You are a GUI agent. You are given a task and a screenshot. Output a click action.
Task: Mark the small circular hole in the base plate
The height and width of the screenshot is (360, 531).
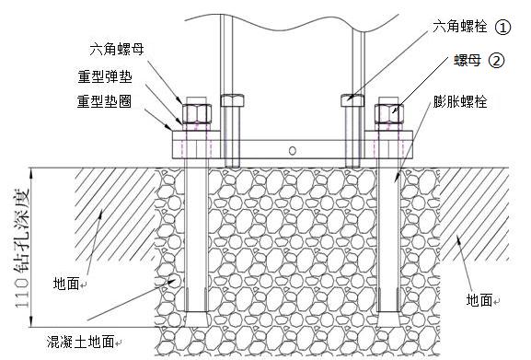pyautogui.click(x=292, y=149)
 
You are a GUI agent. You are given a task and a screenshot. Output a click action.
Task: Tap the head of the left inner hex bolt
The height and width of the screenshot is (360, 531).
pyautogui.click(x=232, y=99)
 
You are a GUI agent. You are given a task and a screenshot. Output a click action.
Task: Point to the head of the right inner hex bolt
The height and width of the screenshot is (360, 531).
pyautogui.click(x=353, y=99)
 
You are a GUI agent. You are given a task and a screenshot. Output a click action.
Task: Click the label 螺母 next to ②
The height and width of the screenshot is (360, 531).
pyautogui.click(x=466, y=62)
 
